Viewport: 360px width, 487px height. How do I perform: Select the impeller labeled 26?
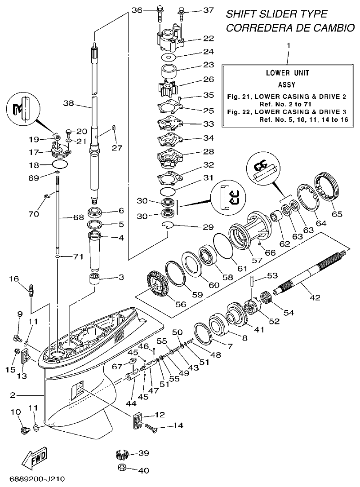(167, 88)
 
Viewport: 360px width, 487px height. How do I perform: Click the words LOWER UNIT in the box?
(287, 72)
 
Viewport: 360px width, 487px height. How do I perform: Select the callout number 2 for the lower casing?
(13, 395)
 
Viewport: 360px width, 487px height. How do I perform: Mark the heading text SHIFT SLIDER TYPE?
(276, 14)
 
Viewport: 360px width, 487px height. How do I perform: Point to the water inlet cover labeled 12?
(138, 421)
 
